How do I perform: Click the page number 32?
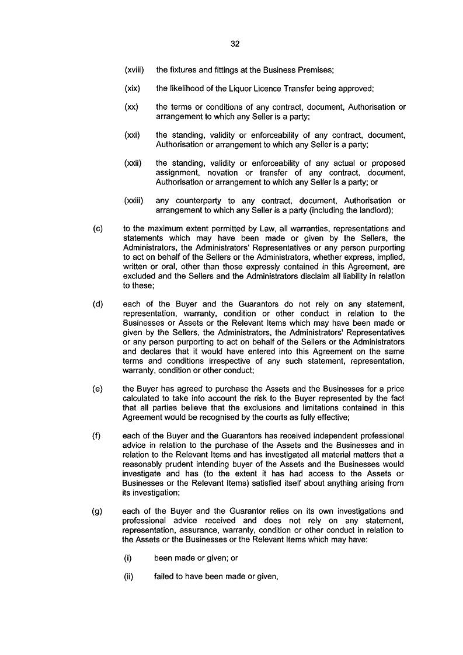click(x=235, y=44)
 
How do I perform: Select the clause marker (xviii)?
click(x=134, y=70)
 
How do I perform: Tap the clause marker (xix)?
click(x=132, y=89)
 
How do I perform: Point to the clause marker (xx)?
click(x=131, y=107)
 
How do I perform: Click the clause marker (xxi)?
click(x=132, y=135)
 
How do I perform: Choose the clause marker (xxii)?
click(x=133, y=163)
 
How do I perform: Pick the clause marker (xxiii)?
click(x=134, y=201)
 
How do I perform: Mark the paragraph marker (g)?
click(x=98, y=511)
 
